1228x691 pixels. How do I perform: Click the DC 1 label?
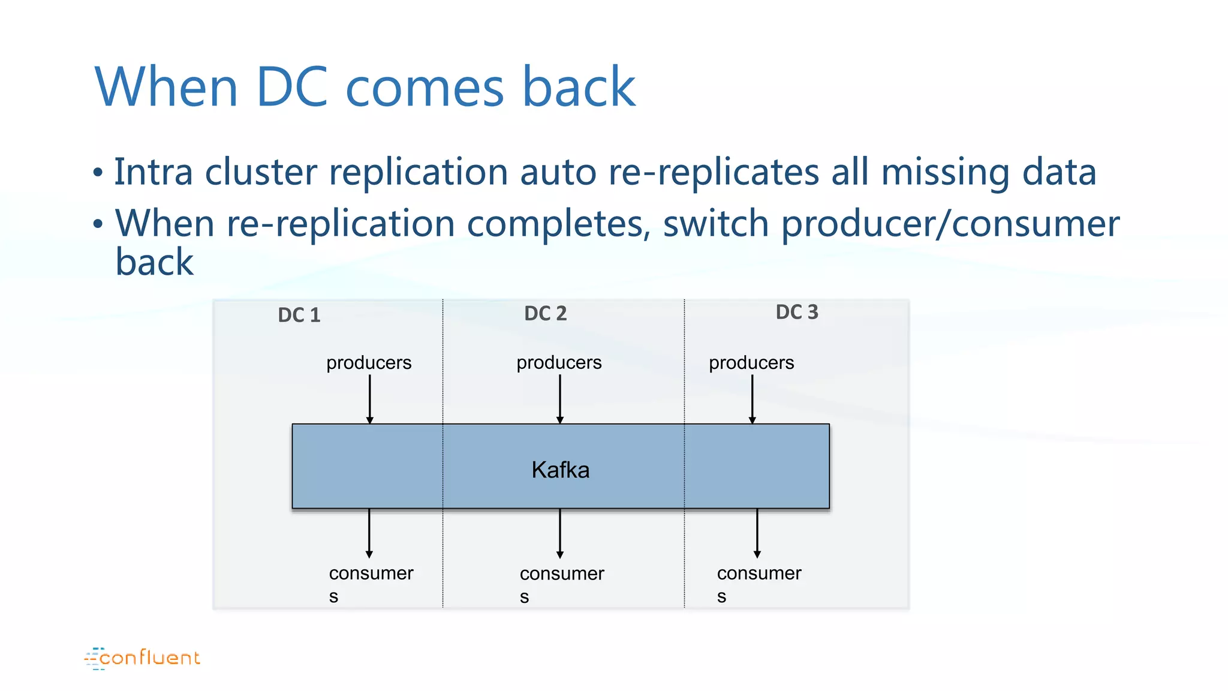point(299,315)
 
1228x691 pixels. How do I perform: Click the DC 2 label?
point(545,313)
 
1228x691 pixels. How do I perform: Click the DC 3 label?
point(796,312)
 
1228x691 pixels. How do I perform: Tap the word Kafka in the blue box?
point(560,470)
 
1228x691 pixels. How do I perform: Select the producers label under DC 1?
point(369,362)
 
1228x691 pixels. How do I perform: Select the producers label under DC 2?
point(559,362)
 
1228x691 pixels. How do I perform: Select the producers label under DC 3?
point(751,362)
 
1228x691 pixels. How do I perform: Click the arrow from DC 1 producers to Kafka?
point(370,399)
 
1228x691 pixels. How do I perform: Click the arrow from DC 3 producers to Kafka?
point(752,399)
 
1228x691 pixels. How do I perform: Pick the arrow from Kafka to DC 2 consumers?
point(560,533)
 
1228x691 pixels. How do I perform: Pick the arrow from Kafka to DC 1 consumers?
point(369,533)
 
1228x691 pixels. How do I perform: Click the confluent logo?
point(142,658)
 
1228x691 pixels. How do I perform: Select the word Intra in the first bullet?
point(153,172)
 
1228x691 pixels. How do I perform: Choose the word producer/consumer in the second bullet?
point(950,224)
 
